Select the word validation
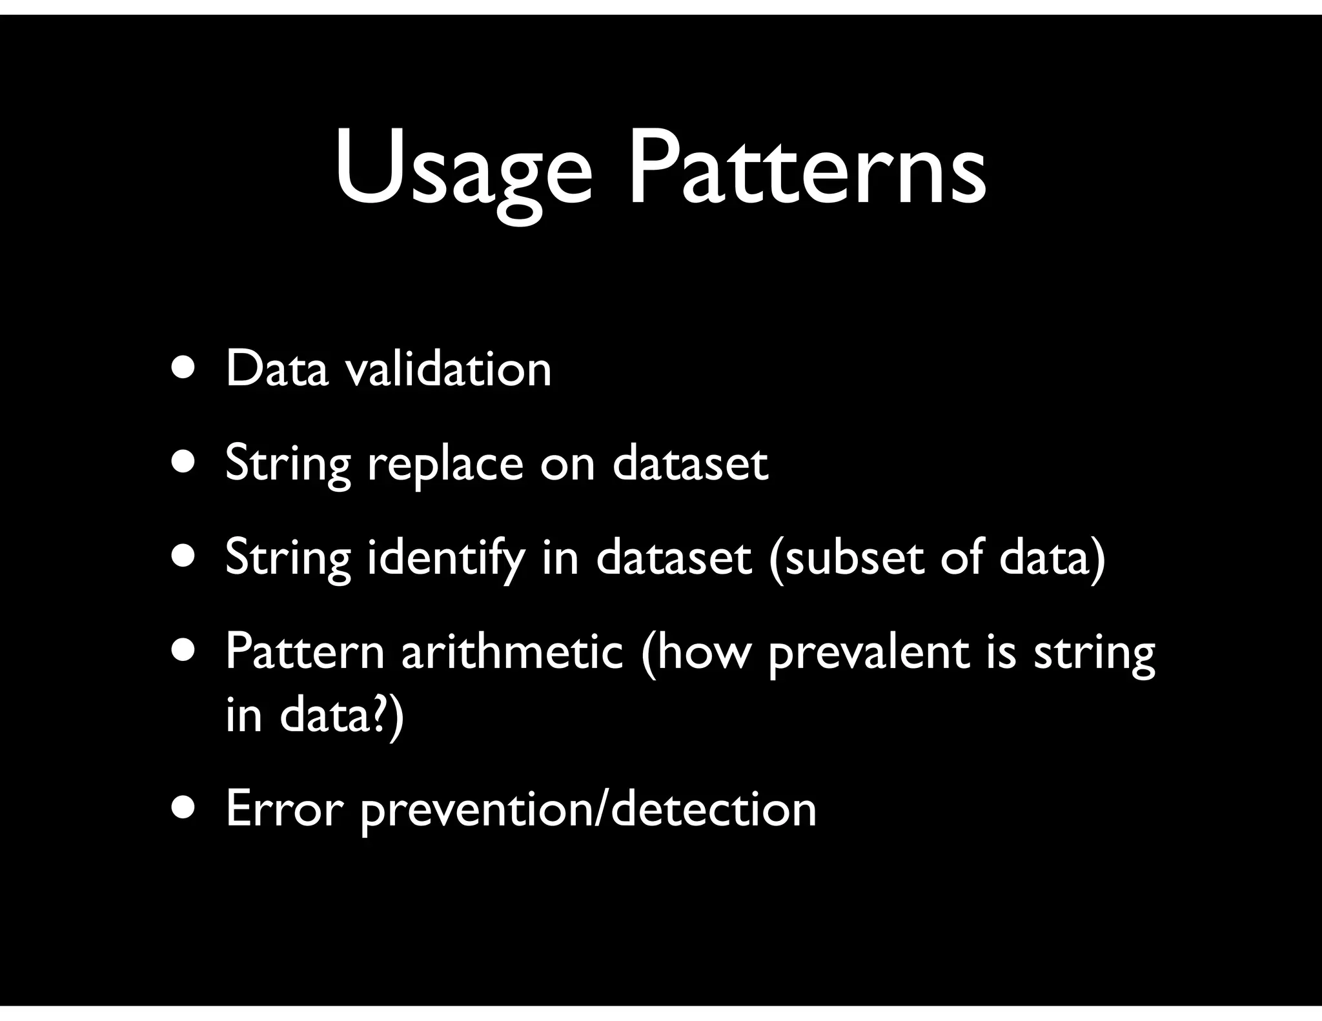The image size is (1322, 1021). tap(449, 370)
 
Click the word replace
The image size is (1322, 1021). tap(445, 465)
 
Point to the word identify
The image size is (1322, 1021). tap(445, 559)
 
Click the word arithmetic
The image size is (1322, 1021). tap(512, 652)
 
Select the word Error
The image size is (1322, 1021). tap(283, 809)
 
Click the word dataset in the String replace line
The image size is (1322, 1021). tap(690, 463)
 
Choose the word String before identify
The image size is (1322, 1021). tap(288, 559)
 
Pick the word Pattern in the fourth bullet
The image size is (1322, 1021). tap(304, 652)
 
